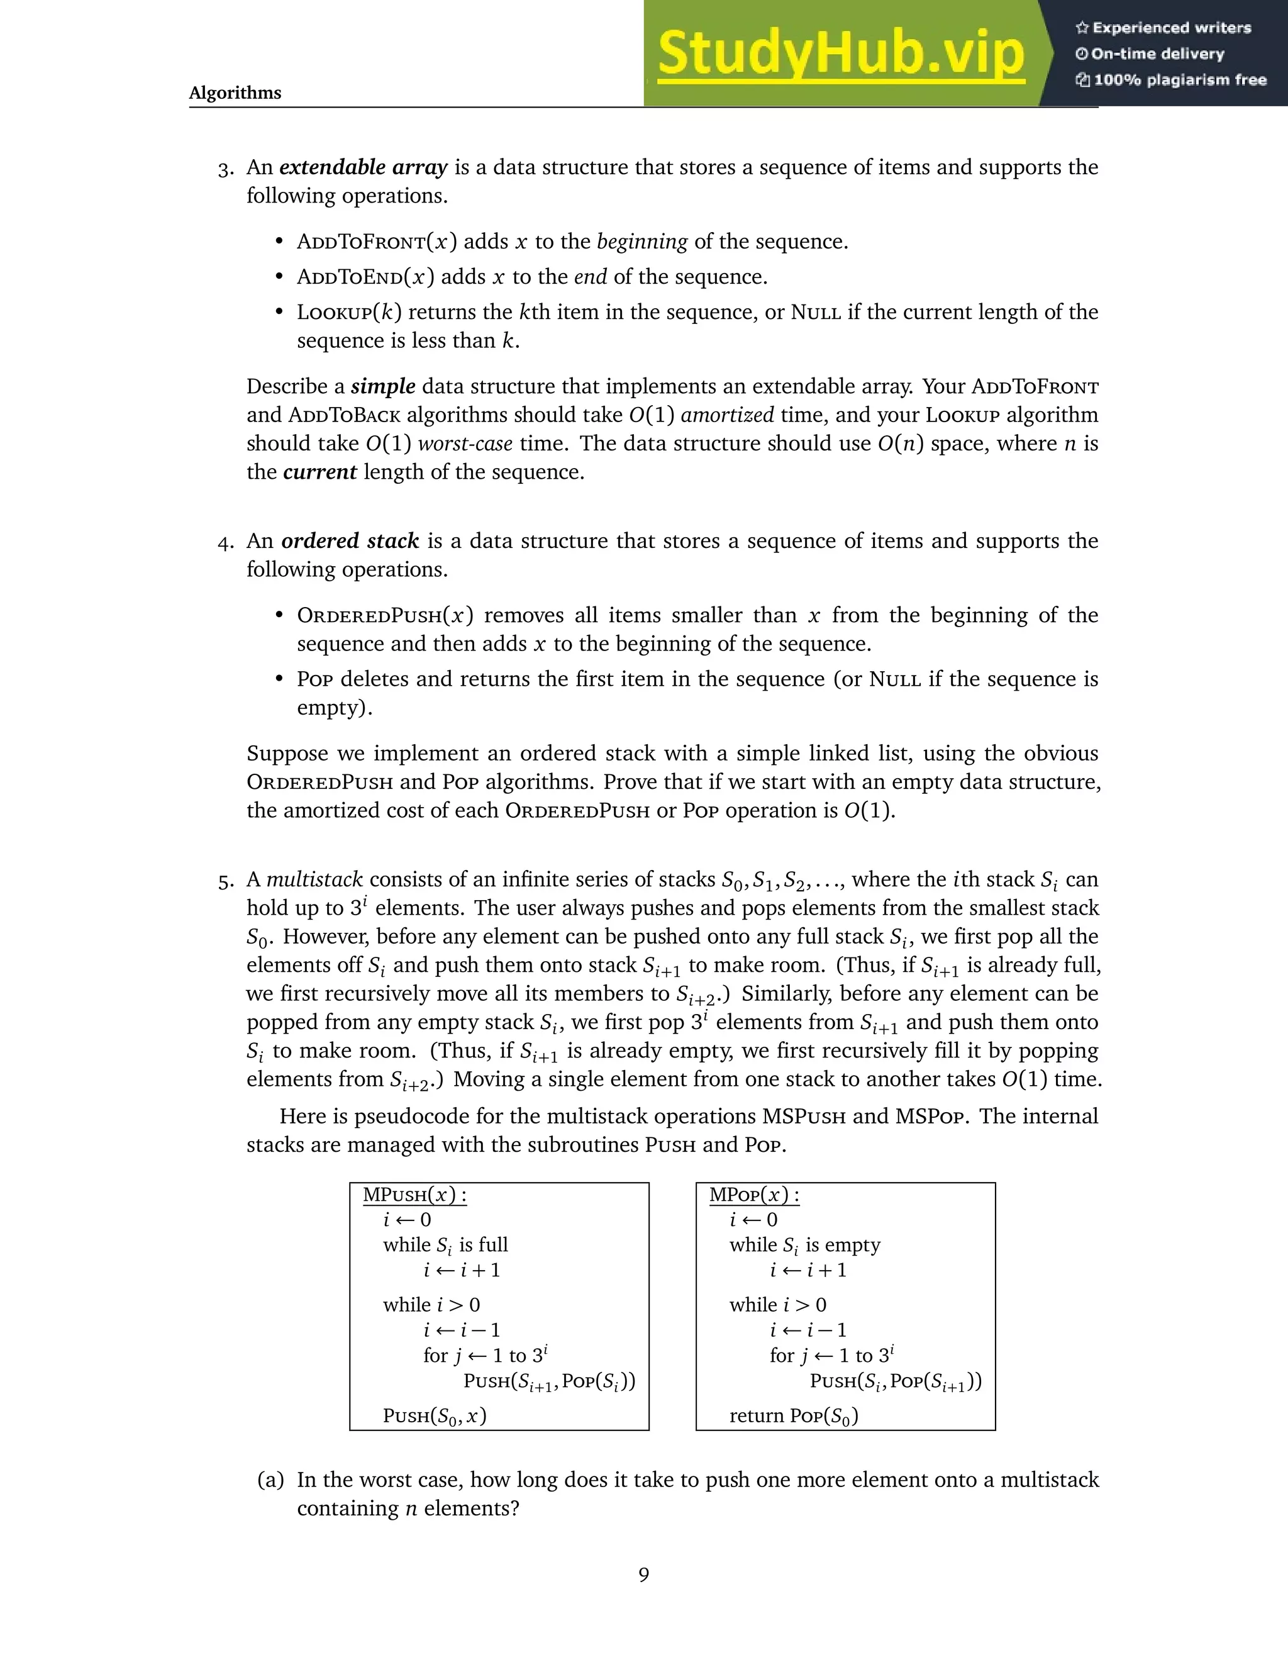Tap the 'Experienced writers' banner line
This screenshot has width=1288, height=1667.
(x=1163, y=28)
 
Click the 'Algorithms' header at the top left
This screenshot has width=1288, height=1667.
(x=235, y=92)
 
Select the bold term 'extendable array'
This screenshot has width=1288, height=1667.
(x=364, y=167)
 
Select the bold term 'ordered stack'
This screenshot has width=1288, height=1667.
(x=350, y=541)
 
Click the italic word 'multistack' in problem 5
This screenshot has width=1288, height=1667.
(x=314, y=880)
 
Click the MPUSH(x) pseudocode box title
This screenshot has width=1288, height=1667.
(x=414, y=1195)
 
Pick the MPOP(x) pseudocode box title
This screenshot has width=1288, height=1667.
(x=754, y=1195)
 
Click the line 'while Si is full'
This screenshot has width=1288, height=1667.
(x=446, y=1246)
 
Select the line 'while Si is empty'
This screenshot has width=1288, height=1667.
(x=804, y=1246)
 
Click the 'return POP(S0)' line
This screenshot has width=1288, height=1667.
(x=794, y=1417)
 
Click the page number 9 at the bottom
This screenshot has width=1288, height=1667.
(x=644, y=1575)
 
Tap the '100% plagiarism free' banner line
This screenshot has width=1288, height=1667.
(x=1171, y=80)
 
